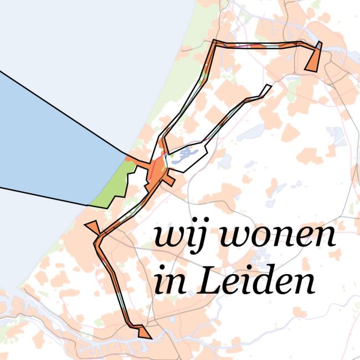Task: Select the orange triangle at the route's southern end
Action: tap(143, 332)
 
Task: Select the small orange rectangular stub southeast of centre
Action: tap(169, 181)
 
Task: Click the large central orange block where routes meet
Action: tap(157, 169)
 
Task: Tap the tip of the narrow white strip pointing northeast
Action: tap(269, 86)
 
